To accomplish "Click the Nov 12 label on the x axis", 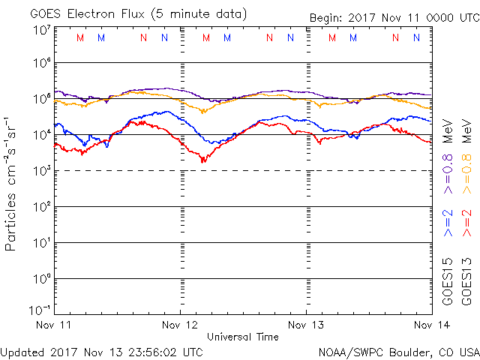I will point(180,325).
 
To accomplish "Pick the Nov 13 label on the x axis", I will point(305,325).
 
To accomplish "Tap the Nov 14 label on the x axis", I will point(431,325).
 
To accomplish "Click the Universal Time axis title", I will point(243,337).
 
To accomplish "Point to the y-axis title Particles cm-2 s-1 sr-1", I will point(12,183).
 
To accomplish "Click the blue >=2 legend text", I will point(448,223).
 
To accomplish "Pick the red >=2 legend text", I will point(467,223).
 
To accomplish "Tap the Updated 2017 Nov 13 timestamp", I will point(102,351).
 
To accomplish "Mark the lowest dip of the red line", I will point(202,161).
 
